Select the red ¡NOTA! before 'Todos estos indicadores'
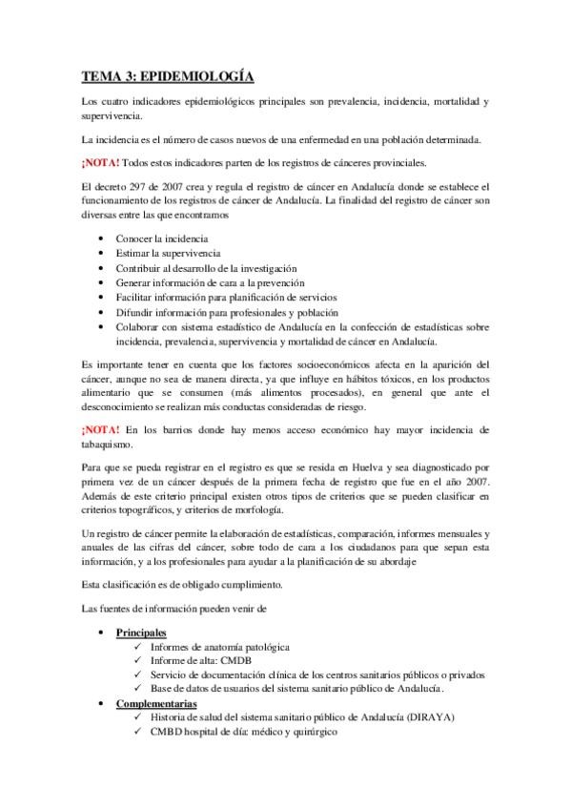coord(100,162)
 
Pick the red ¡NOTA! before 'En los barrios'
coord(100,430)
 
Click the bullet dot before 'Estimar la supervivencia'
coord(103,255)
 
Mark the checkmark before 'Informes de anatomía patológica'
coord(140,647)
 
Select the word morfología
coord(263,508)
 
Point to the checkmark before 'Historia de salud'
coord(140,716)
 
